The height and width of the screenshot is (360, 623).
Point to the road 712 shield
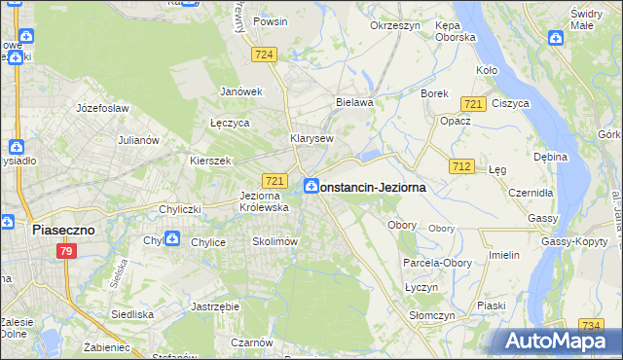pyautogui.click(x=461, y=167)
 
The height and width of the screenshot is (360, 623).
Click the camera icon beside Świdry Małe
pyautogui.click(x=556, y=39)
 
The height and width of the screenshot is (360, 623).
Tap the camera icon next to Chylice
pyautogui.click(x=171, y=238)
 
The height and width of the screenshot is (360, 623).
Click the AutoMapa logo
pyautogui.click(x=559, y=342)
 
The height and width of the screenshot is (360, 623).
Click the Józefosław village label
pyautogui.click(x=102, y=108)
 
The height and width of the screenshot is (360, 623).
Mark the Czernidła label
pyautogui.click(x=531, y=193)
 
